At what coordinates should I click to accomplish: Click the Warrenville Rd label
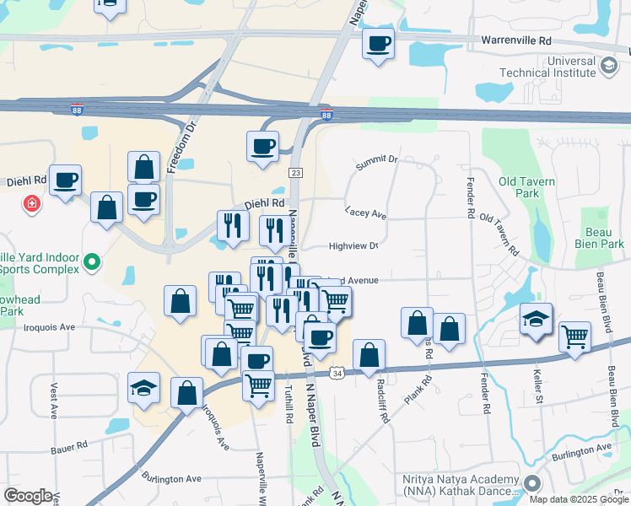[515, 40]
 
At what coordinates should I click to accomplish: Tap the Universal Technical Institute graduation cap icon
[607, 65]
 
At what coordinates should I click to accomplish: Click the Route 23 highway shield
[295, 172]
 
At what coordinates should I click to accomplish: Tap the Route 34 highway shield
[337, 372]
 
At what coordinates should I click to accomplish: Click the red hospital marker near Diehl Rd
[32, 204]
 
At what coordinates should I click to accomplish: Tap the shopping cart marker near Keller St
[574, 336]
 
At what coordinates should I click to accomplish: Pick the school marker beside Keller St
[536, 319]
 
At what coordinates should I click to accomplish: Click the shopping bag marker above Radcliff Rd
[369, 355]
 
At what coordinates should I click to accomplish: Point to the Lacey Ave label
[365, 214]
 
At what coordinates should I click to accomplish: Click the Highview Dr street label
[353, 246]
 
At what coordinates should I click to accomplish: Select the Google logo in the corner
[28, 496]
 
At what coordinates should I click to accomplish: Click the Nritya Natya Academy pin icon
[532, 484]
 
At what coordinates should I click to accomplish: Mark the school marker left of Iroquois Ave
[144, 388]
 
